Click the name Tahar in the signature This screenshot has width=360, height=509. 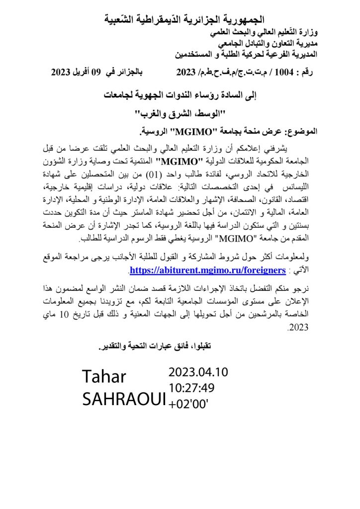(104, 377)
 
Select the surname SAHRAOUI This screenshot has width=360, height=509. (124, 399)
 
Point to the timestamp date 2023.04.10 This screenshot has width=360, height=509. (198, 372)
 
